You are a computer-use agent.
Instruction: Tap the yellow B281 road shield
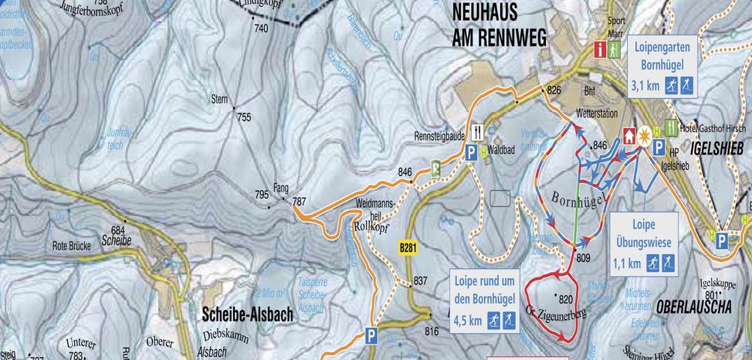pyautogui.click(x=408, y=248)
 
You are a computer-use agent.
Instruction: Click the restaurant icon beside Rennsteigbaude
pyautogui.click(x=478, y=130)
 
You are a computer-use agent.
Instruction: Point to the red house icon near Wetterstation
pyautogui.click(x=627, y=134)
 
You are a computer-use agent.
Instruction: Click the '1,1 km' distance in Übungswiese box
pyautogui.click(x=626, y=263)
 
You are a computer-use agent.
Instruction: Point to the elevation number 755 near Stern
pyautogui.click(x=245, y=117)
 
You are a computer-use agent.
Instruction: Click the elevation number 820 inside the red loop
pyautogui.click(x=567, y=300)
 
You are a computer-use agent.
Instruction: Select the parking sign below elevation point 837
pyautogui.click(x=371, y=335)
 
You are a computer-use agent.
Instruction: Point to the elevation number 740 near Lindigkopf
pyautogui.click(x=260, y=29)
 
